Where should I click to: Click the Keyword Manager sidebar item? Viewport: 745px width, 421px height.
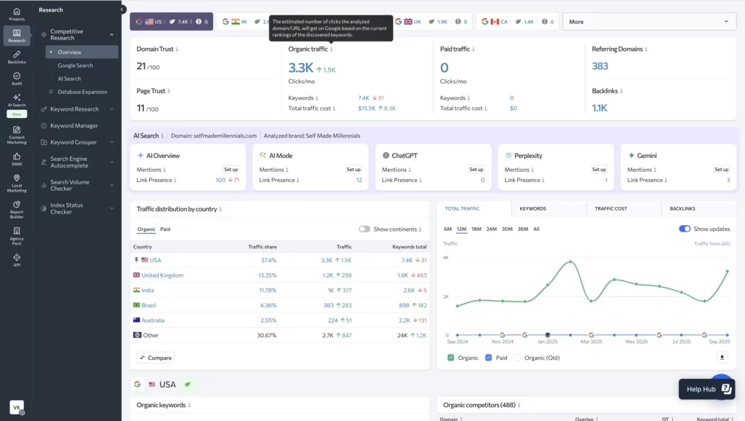pyautogui.click(x=73, y=126)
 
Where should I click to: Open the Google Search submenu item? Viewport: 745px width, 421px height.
pyautogui.click(x=75, y=66)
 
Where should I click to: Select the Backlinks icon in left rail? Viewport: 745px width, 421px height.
pyautogui.click(x=17, y=57)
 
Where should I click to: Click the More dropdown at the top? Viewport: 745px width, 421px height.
pyautogui.click(x=649, y=22)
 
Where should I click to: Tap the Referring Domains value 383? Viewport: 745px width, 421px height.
pyautogui.click(x=600, y=66)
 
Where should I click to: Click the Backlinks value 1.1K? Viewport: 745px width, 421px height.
pyautogui.click(x=599, y=108)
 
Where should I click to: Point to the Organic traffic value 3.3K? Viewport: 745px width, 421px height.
pyautogui.click(x=300, y=68)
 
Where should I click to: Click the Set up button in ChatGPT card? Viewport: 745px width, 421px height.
pyautogui.click(x=476, y=170)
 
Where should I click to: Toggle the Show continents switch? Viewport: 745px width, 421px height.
pyautogui.click(x=364, y=229)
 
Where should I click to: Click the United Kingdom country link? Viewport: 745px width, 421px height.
pyautogui.click(x=162, y=275)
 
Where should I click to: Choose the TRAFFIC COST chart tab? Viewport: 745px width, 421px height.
pyautogui.click(x=610, y=209)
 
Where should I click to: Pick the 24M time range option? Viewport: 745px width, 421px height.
pyautogui.click(x=492, y=229)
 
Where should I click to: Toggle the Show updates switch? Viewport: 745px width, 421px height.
pyautogui.click(x=685, y=229)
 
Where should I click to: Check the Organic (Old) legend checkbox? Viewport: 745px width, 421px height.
pyautogui.click(x=517, y=358)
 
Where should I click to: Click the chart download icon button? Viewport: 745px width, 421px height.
pyautogui.click(x=722, y=358)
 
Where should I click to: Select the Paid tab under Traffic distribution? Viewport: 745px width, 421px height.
pyautogui.click(x=166, y=229)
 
